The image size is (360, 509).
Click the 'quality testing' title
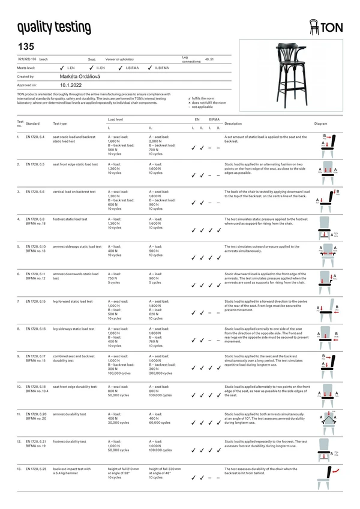pos(54,28)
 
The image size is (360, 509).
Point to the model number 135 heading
pos(26,46)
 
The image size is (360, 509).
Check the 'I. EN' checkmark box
pos(62,68)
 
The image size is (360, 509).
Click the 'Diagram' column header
pos(320,124)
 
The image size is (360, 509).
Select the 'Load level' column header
pos(115,120)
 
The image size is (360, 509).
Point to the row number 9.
pos(19,356)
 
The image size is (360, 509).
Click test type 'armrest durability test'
pos(70,414)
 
